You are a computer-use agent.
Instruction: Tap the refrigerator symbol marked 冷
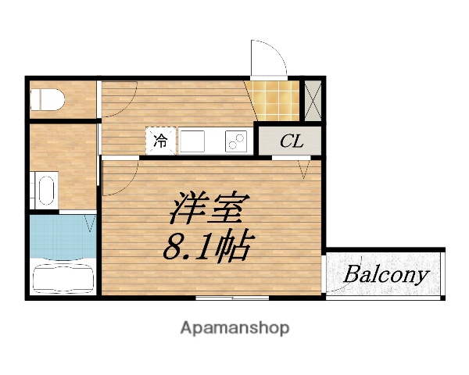pos(160,141)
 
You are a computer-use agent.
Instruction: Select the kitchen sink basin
pos(194,142)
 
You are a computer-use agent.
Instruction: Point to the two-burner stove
pos(236,142)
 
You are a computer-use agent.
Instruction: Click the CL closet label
pos(291,141)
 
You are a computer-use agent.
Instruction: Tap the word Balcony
pos(386,274)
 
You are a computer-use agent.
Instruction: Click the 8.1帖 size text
pos(206,248)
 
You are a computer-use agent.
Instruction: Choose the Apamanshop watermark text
pos(234,327)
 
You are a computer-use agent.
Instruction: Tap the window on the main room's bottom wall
pos(227,298)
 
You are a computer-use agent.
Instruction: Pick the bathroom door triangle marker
pos(90,226)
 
